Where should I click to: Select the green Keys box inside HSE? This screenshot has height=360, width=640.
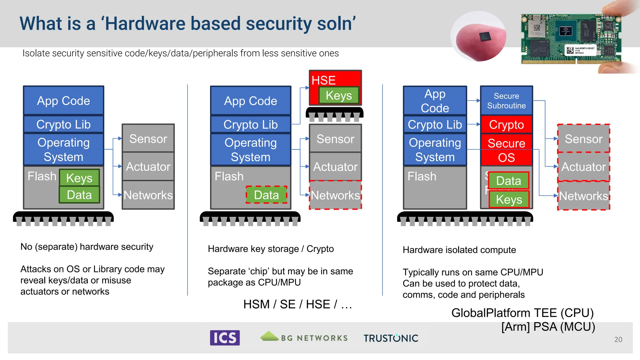click(x=339, y=95)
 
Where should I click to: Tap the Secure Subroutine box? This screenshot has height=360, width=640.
click(x=506, y=101)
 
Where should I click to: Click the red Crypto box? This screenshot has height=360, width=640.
click(x=506, y=125)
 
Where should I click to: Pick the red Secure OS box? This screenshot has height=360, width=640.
click(x=506, y=150)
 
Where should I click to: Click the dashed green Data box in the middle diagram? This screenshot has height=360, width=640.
click(x=266, y=195)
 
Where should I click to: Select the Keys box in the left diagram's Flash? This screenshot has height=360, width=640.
click(x=79, y=178)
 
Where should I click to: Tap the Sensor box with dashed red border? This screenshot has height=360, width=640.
click(x=583, y=139)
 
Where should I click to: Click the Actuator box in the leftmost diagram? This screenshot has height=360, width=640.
click(x=148, y=167)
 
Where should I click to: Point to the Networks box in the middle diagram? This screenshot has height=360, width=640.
click(x=335, y=195)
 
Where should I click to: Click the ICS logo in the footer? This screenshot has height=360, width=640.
click(x=225, y=338)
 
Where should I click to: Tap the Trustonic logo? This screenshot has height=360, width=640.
click(x=391, y=338)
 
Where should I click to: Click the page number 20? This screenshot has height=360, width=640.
click(x=618, y=339)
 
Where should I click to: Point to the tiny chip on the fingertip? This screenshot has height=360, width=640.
click(x=485, y=37)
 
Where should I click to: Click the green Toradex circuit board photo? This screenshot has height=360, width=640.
click(x=570, y=39)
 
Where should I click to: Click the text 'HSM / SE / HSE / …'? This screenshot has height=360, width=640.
click(x=297, y=304)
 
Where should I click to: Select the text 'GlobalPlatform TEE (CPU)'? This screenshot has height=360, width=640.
click(x=522, y=313)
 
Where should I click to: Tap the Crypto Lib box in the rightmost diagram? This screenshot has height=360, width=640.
click(x=435, y=125)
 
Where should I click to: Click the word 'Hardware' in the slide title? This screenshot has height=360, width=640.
click(x=145, y=24)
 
